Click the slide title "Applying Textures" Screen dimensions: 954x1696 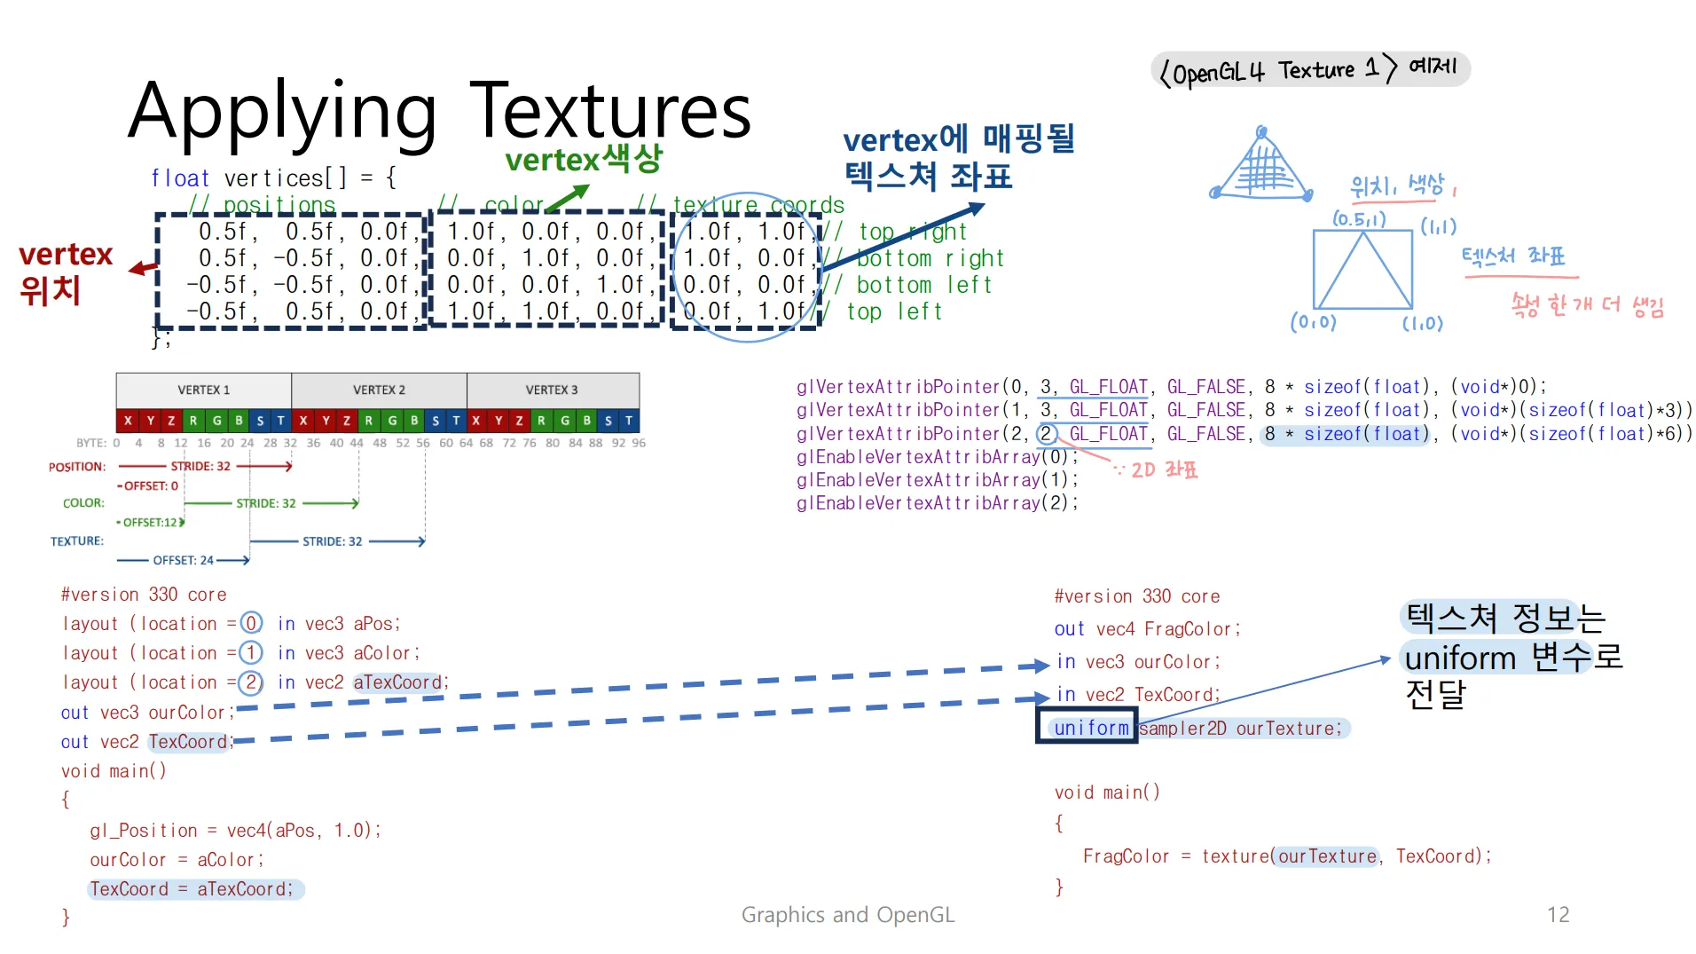point(439,112)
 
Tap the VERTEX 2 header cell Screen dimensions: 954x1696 point(379,390)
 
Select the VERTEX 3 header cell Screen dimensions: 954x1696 point(552,390)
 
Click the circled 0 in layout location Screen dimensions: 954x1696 point(251,623)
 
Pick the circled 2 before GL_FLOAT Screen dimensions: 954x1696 point(1047,434)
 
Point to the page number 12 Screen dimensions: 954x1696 point(1558,915)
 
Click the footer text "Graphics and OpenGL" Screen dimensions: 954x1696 point(847,915)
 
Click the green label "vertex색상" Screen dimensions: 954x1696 point(584,160)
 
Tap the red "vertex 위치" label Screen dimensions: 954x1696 point(64,272)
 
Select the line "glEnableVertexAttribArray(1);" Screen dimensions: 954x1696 point(938,480)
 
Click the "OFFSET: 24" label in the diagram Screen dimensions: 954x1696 point(183,560)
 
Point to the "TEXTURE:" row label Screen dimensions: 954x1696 point(77,540)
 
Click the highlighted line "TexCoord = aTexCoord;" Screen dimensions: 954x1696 point(192,888)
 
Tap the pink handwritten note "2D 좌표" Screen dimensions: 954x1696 point(1164,469)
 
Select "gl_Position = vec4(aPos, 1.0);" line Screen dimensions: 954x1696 point(235,830)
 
